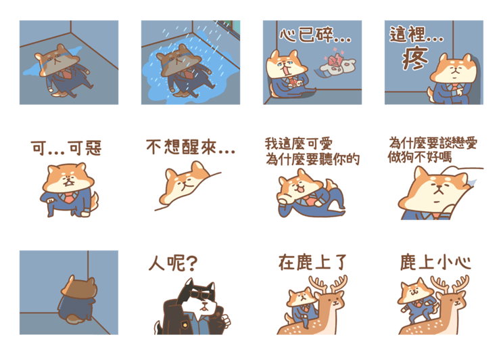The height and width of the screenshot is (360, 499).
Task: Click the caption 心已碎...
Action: coord(314,35)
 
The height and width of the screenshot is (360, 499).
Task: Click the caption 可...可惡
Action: coord(66,148)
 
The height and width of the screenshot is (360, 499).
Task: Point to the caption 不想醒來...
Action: coord(190,148)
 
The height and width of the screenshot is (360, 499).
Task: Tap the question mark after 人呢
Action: coord(191,264)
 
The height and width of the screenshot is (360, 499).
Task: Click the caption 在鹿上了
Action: coord(312,262)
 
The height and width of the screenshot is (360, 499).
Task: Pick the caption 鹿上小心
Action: coord(435,262)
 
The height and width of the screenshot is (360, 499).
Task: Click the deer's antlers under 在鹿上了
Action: coord(329,284)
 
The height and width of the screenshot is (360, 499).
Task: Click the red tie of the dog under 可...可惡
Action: coord(69,198)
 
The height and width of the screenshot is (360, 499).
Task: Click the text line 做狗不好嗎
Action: coord(419,157)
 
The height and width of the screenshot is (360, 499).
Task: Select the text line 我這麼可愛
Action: coord(298,144)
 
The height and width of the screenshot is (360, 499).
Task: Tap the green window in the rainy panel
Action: coord(231,27)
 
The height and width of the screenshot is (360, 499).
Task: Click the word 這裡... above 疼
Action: coord(417,35)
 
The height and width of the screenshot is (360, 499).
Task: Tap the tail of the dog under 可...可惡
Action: coord(94,200)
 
